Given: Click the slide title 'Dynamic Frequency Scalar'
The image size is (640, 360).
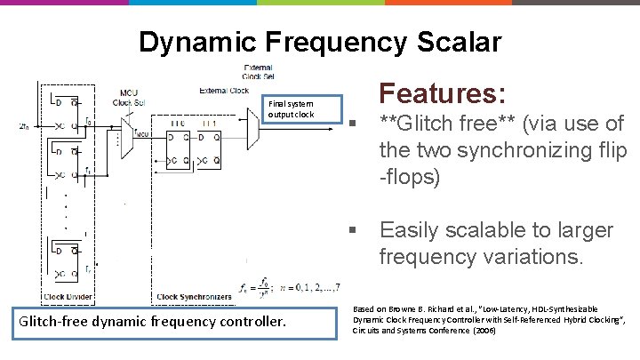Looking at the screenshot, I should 320,42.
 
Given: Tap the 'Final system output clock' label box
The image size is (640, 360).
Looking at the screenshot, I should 292,108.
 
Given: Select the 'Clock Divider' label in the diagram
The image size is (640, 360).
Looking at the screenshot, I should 67,296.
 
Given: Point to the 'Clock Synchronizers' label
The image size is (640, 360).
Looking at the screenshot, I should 194,296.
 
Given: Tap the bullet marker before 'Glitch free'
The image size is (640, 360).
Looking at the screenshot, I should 353,124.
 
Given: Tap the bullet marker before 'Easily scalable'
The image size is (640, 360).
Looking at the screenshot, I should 353,231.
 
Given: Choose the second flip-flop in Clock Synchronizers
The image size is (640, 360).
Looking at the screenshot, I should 214,147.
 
